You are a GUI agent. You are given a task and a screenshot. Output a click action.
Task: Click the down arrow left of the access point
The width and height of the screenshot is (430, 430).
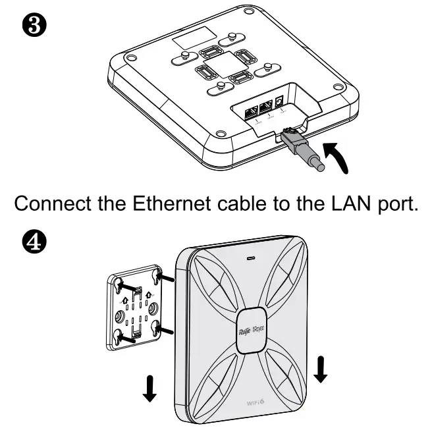click(151, 390)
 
